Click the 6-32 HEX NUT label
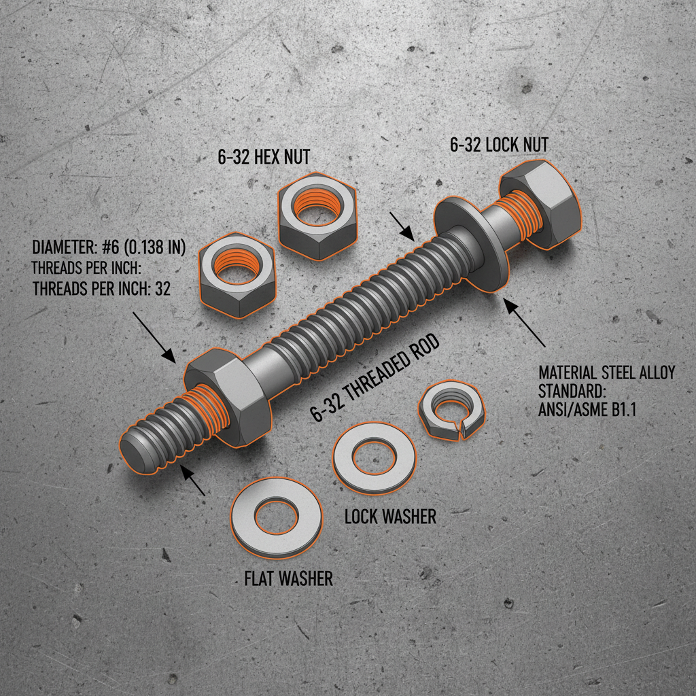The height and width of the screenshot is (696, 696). point(264,157)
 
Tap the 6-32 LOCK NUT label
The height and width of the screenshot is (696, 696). point(499,144)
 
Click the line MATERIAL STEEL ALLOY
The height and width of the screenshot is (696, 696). point(606,373)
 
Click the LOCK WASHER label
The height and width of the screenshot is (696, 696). point(390,517)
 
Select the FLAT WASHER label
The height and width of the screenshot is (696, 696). point(289,578)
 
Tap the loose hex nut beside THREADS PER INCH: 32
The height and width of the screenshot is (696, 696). point(236,275)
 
